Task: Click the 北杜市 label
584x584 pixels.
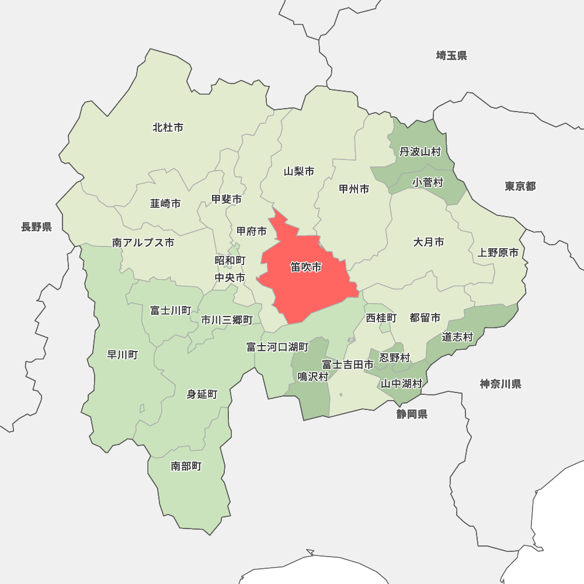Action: coord(168,127)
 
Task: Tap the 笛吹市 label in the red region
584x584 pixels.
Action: coord(305,267)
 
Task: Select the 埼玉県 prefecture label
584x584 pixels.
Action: coord(451,56)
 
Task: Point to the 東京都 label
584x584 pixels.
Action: coord(520,186)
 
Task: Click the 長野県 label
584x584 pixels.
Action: coord(36,227)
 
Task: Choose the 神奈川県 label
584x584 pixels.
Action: coord(500,384)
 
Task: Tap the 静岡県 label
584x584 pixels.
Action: coord(412,414)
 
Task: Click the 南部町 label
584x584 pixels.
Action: coord(186,466)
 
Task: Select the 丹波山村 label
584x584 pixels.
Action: coord(420,152)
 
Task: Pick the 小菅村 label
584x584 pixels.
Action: coord(427,183)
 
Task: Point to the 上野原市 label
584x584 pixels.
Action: coord(498,253)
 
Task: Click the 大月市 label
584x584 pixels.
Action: coord(429,242)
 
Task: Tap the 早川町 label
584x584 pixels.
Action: coord(123,354)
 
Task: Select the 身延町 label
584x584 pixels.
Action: coord(201,394)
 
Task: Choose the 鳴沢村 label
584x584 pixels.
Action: coord(312,377)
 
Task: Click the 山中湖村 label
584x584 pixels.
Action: coord(401,384)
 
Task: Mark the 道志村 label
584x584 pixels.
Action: coord(457,337)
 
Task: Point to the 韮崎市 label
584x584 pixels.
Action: coord(165,203)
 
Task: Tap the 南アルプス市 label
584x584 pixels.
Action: coord(143,242)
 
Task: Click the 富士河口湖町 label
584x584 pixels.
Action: coord(277,347)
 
